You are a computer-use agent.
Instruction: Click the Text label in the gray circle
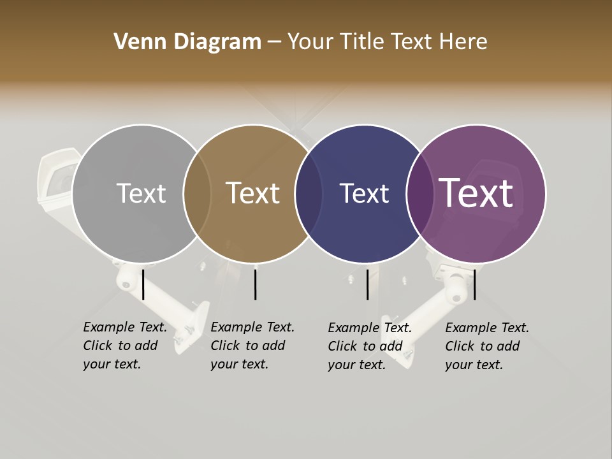141,193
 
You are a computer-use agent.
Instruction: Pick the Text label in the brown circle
252,193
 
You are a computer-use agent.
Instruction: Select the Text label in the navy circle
364,193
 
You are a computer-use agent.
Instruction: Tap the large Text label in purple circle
476,193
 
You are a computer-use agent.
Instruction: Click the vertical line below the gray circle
143,284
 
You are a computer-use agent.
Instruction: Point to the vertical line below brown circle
255,284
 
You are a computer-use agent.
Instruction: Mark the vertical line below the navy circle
367,284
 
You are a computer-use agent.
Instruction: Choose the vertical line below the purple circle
475,284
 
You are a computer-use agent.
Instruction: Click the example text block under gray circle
124,346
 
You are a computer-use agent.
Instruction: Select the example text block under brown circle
252,346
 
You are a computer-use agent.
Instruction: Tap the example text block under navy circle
369,346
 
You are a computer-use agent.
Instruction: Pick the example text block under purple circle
486,346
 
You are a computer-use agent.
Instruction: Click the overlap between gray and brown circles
197,194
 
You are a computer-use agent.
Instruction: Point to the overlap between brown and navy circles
309,194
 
